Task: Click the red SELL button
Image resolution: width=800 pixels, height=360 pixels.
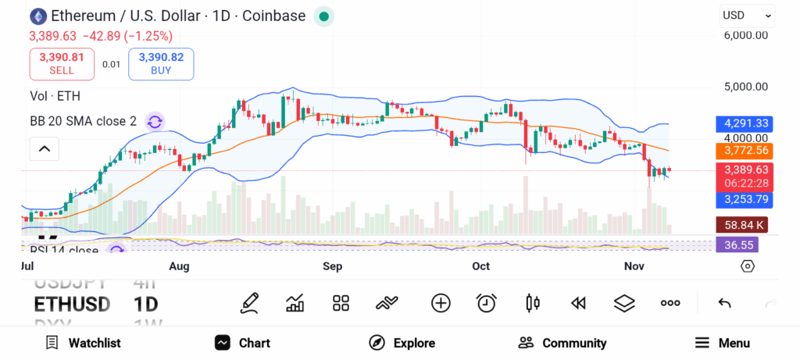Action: click(x=62, y=63)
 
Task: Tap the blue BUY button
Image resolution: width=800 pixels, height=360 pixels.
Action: click(x=161, y=63)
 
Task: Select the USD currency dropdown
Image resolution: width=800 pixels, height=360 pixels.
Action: click(x=747, y=15)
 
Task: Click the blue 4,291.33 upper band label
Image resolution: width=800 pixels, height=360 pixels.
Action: click(x=747, y=123)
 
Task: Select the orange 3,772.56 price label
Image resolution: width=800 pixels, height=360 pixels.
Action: click(x=747, y=150)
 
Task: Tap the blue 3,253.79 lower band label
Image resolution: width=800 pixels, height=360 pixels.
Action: click(x=747, y=199)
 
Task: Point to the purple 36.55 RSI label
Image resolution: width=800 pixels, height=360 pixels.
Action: click(x=737, y=244)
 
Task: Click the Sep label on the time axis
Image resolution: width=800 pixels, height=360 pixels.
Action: click(x=333, y=266)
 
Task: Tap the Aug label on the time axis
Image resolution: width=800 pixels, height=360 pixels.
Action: click(x=180, y=266)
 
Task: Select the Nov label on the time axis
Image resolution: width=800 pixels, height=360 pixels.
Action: click(x=634, y=266)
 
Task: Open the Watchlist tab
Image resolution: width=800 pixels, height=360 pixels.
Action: click(x=83, y=343)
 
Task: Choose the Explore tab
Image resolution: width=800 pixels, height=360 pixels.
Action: click(x=402, y=343)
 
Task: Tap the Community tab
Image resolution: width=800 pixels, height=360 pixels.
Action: click(x=562, y=343)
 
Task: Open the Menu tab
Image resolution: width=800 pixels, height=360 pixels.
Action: click(x=723, y=343)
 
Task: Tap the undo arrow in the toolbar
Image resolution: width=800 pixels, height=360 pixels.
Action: click(x=724, y=303)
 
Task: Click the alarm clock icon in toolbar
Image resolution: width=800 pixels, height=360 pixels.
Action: click(x=487, y=303)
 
